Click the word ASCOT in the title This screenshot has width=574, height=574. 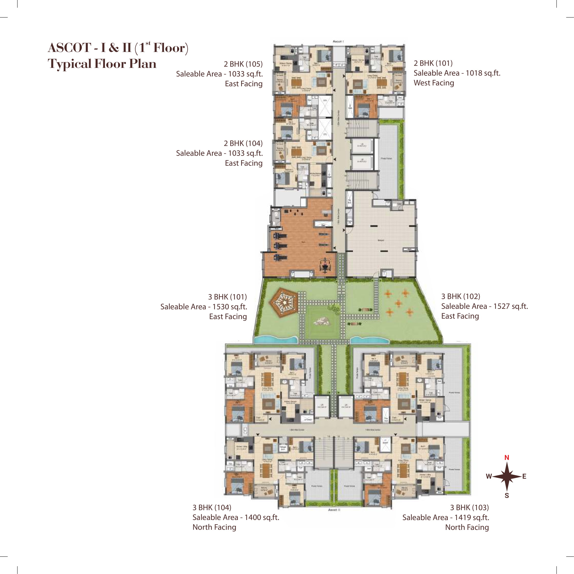tap(70, 48)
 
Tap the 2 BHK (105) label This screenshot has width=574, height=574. tap(243, 64)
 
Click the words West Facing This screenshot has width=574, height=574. tap(434, 83)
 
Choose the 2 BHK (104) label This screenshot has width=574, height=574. tap(243, 144)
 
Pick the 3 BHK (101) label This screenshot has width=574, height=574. tap(227, 297)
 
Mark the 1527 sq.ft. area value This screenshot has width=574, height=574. tap(511, 306)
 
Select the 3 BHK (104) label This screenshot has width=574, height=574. tap(212, 507)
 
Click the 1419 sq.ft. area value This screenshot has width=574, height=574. tap(472, 517)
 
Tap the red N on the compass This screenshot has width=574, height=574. tap(507, 458)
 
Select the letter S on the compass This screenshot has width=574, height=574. tap(507, 496)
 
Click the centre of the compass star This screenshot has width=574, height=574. tap(507, 476)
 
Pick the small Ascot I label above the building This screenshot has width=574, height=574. tap(338, 41)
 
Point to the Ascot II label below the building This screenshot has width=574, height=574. tap(334, 510)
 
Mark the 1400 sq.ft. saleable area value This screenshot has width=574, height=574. tap(262, 517)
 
